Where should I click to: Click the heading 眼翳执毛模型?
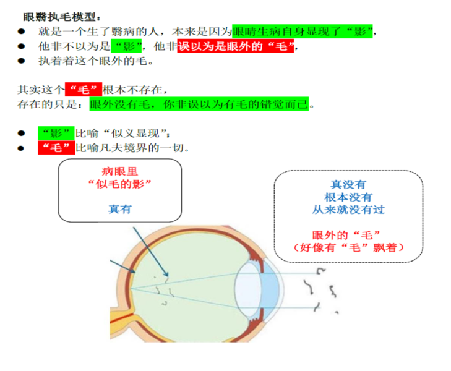click(62, 17)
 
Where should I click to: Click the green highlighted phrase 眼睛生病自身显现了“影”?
click(303, 32)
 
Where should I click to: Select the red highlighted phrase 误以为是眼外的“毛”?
click(236, 46)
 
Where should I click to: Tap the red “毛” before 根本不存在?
click(84, 90)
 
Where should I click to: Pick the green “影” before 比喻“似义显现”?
click(56, 134)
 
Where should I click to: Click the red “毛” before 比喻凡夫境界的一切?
click(56, 148)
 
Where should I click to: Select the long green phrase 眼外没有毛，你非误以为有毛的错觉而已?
click(199, 104)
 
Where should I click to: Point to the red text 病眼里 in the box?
click(120, 171)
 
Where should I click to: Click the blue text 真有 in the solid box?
click(120, 209)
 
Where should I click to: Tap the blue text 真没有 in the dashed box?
click(348, 184)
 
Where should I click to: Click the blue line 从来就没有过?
click(348, 210)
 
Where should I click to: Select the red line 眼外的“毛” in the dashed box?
click(346, 235)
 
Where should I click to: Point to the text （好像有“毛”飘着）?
click(349, 247)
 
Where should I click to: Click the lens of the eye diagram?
click(247, 289)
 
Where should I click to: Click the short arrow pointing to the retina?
click(122, 267)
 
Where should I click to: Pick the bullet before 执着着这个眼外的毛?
click(21, 61)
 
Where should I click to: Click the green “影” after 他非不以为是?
click(126, 46)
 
